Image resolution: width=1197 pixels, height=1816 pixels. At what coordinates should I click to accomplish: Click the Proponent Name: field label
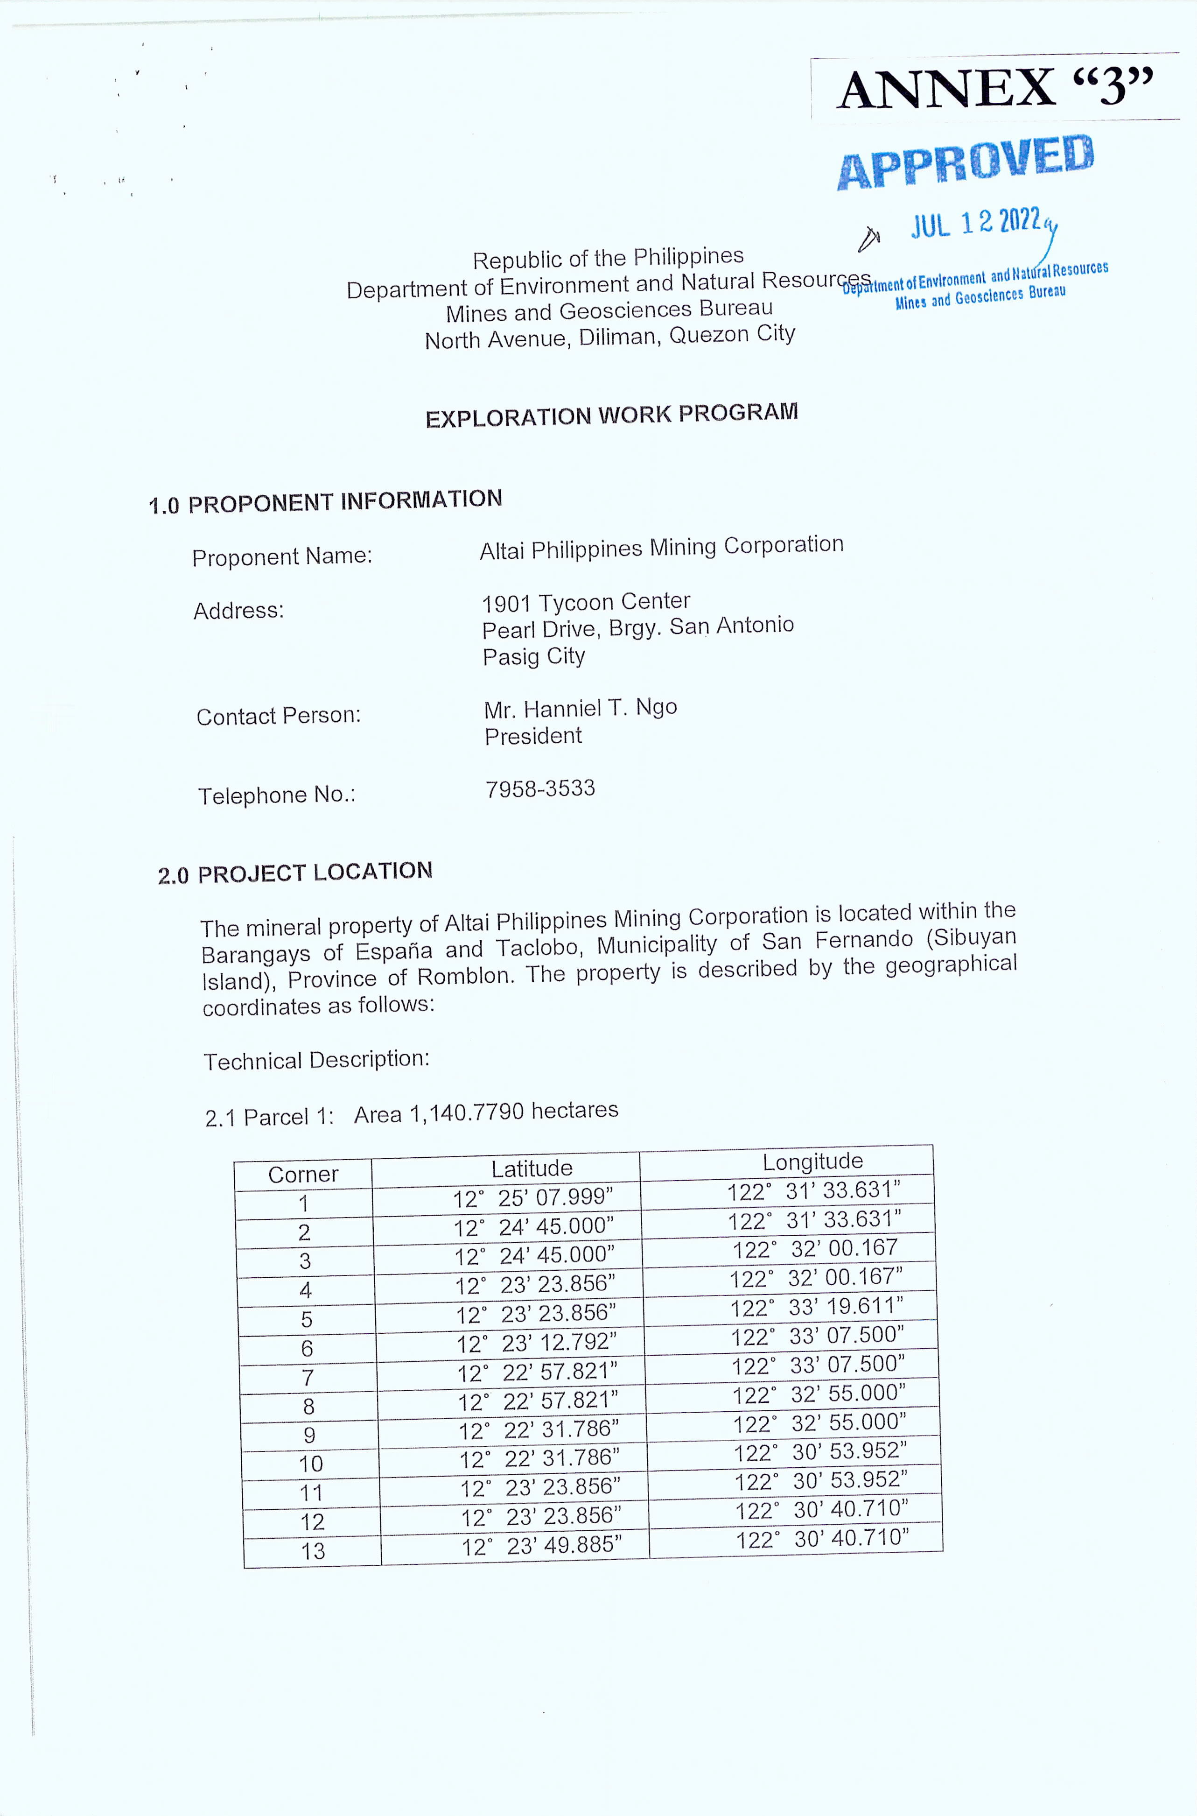point(282,557)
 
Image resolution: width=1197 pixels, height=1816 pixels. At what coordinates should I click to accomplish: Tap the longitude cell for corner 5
point(816,1308)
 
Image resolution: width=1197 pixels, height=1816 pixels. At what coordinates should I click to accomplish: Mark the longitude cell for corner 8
point(819,1394)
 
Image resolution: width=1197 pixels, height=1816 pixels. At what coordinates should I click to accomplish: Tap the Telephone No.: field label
point(276,796)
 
